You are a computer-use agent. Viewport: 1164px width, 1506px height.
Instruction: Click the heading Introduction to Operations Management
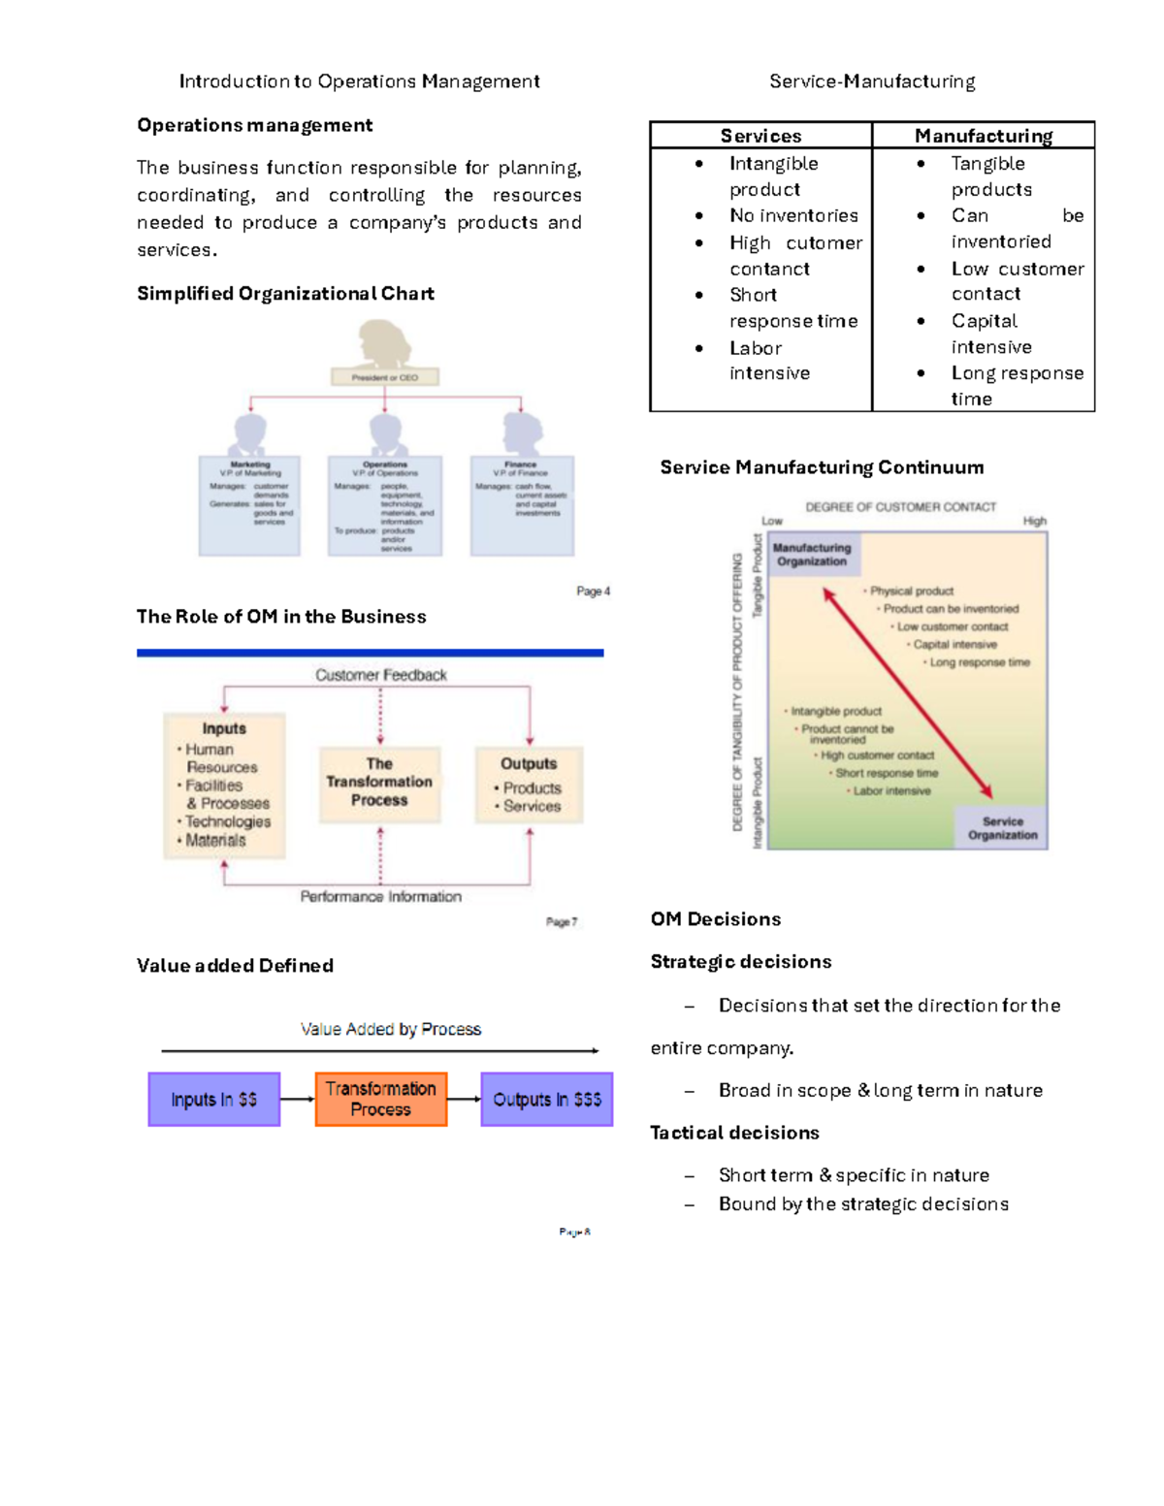click(x=359, y=81)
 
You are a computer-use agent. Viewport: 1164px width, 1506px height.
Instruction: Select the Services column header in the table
click(x=760, y=136)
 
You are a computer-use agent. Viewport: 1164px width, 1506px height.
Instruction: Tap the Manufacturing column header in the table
click(x=983, y=136)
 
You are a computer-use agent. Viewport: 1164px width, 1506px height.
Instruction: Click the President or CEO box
click(x=385, y=377)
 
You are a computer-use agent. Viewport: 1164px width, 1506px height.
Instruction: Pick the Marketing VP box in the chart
click(x=249, y=505)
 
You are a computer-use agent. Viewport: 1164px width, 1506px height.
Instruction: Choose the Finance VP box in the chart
click(x=522, y=505)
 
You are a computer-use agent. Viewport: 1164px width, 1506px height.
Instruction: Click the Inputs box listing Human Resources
click(x=224, y=785)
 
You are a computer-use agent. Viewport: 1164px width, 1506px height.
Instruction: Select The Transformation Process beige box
click(x=379, y=783)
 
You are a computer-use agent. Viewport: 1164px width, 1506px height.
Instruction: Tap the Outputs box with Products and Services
click(x=529, y=785)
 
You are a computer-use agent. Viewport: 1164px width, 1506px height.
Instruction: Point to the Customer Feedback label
click(x=380, y=675)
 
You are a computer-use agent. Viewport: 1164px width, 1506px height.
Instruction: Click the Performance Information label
click(x=380, y=897)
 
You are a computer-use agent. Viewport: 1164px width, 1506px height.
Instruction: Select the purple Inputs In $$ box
click(x=214, y=1100)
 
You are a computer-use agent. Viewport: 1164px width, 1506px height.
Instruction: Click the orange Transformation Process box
click(x=381, y=1100)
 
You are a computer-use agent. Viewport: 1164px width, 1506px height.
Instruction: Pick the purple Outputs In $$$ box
click(x=547, y=1100)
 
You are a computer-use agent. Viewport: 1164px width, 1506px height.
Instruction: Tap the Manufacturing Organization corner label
click(x=812, y=555)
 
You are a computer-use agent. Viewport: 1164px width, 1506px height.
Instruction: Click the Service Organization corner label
click(x=1002, y=828)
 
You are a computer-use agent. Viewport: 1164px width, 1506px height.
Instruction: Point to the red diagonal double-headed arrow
click(x=907, y=692)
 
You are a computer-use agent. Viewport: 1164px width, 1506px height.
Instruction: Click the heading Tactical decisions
click(x=734, y=1133)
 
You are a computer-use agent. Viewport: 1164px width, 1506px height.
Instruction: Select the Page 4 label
click(x=593, y=592)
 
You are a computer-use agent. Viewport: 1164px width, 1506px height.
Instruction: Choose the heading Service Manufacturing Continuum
click(x=822, y=467)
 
